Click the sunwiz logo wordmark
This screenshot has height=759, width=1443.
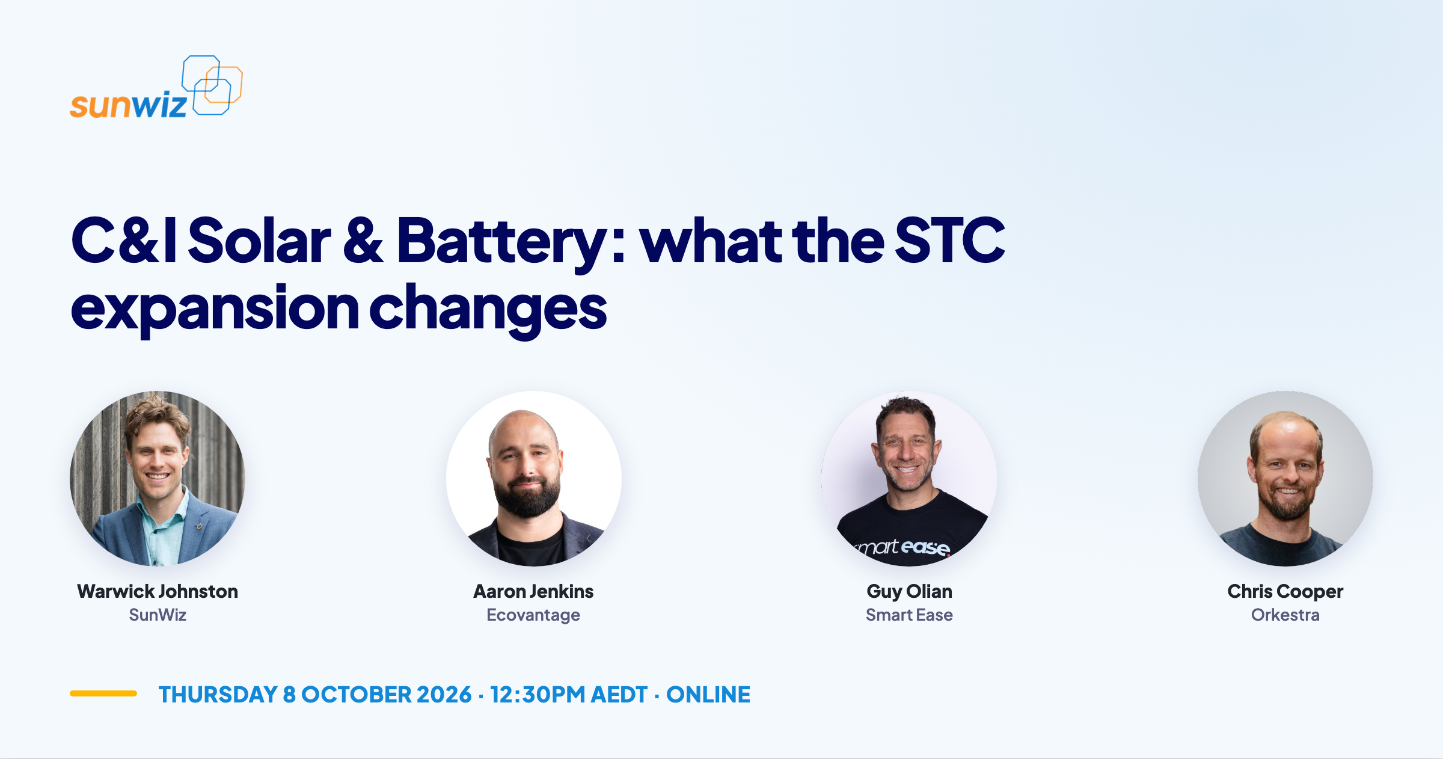pos(128,105)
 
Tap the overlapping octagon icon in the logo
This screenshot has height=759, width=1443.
pos(212,85)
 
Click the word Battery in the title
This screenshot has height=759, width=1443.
pos(501,241)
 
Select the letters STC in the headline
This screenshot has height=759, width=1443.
pos(950,240)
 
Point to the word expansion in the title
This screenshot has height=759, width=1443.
pos(215,309)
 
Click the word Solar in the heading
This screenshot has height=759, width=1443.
pos(259,240)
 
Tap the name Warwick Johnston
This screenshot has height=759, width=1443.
pos(158,591)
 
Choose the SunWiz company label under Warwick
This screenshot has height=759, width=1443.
pos(158,615)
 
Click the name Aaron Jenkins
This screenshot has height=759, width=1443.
pos(533,591)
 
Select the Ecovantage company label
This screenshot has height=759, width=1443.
pos(533,615)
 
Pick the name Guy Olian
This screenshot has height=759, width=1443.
pos(909,592)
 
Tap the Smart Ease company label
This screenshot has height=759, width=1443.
pos(909,615)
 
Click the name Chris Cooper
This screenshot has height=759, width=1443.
pos(1285,592)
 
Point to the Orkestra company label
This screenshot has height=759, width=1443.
pos(1285,615)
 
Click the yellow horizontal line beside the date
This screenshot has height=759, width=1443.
pos(103,693)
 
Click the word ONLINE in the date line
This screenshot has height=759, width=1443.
pos(708,695)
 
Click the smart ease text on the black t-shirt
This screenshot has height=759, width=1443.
pos(903,547)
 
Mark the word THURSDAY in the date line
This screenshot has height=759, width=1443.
pos(218,695)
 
